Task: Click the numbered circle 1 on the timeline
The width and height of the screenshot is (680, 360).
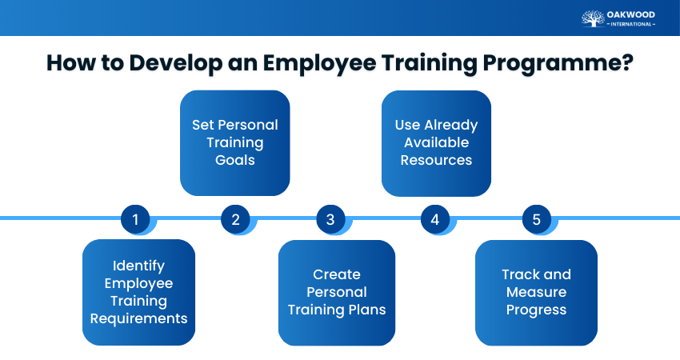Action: click(135, 219)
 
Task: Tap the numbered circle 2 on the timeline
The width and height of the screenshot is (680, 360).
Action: click(235, 219)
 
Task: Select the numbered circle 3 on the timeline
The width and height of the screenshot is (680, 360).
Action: click(330, 219)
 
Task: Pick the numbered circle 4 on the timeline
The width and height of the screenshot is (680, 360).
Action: click(434, 219)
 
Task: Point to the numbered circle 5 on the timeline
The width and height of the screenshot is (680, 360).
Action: click(536, 219)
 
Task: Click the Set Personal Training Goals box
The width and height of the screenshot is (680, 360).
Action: click(234, 142)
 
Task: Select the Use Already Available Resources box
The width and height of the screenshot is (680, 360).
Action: click(436, 142)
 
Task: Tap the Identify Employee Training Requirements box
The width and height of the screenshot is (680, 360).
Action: click(138, 292)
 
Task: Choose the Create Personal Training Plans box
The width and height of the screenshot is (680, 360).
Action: click(336, 292)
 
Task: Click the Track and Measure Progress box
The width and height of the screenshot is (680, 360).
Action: click(536, 292)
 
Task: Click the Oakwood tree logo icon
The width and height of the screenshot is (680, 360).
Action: click(593, 18)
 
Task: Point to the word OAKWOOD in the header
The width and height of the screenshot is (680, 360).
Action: click(631, 14)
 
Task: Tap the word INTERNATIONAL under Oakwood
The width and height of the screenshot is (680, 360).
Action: click(631, 24)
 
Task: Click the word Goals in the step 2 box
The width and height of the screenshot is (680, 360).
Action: click(234, 160)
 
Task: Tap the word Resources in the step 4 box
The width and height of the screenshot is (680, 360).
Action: click(436, 160)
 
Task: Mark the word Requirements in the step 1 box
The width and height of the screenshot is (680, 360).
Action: click(138, 318)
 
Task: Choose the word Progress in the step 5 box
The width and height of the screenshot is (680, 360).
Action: click(536, 310)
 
